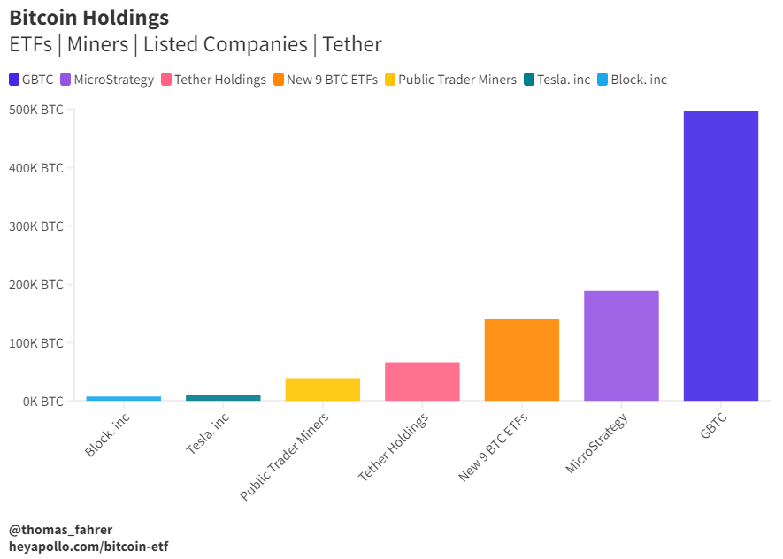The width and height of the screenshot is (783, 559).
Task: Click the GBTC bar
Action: click(720, 257)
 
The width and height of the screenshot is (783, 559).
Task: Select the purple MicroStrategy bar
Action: click(621, 346)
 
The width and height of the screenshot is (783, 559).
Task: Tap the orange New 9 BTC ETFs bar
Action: click(521, 360)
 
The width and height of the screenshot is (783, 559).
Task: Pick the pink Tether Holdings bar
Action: click(422, 381)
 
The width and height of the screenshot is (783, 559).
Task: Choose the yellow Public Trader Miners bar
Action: click(322, 389)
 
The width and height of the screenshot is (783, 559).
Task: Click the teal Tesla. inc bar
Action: click(223, 398)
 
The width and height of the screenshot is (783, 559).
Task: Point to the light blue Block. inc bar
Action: click(123, 399)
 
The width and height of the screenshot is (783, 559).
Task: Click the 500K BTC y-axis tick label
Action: click(36, 110)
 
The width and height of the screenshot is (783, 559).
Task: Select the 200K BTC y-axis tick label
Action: click(36, 285)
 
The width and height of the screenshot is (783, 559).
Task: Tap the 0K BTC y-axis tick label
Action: click(41, 402)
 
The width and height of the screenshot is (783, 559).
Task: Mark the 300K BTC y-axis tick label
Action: click(36, 226)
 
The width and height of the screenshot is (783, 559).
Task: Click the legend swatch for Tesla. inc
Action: click(529, 80)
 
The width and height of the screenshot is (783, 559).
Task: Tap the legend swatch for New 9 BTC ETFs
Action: click(279, 80)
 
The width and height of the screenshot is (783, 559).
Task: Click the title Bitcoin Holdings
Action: click(88, 17)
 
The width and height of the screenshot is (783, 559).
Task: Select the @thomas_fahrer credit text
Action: click(61, 530)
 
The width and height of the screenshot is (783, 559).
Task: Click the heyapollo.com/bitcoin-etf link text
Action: click(88, 547)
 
